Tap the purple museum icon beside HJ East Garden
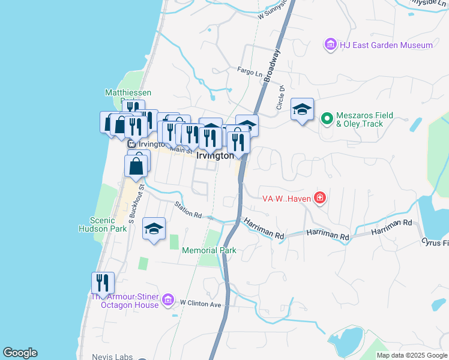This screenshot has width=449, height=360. click(330, 44)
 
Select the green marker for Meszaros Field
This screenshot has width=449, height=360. click(327, 118)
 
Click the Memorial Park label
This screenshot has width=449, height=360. click(209, 250)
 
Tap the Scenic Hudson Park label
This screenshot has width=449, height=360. click(100, 224)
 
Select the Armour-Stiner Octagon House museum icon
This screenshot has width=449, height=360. click(167, 299)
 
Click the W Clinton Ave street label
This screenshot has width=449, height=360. click(200, 304)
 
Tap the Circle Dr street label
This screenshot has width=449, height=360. click(281, 95)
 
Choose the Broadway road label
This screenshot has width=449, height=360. click(272, 65)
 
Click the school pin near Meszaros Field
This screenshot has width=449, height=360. click(302, 110)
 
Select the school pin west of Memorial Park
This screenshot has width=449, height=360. click(154, 229)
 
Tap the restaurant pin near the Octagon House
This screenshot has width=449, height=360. click(103, 283)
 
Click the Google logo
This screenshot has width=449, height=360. click(20, 353)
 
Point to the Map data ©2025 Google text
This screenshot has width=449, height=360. click(412, 355)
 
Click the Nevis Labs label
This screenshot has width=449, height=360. click(112, 356)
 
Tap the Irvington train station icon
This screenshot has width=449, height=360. click(131, 144)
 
